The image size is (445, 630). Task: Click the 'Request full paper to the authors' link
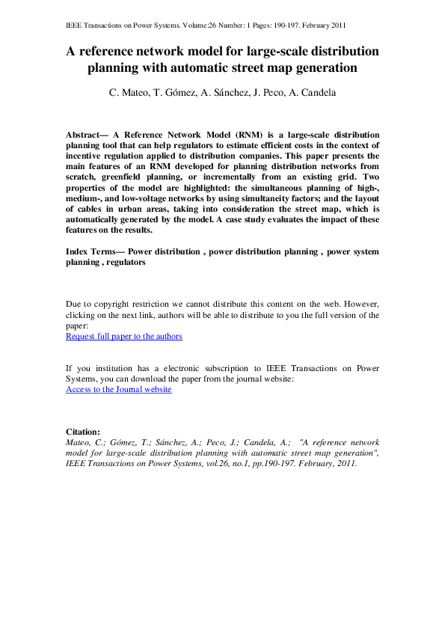(124, 337)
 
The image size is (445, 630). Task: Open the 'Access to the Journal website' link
(119, 390)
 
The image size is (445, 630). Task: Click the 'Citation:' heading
(83, 432)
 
